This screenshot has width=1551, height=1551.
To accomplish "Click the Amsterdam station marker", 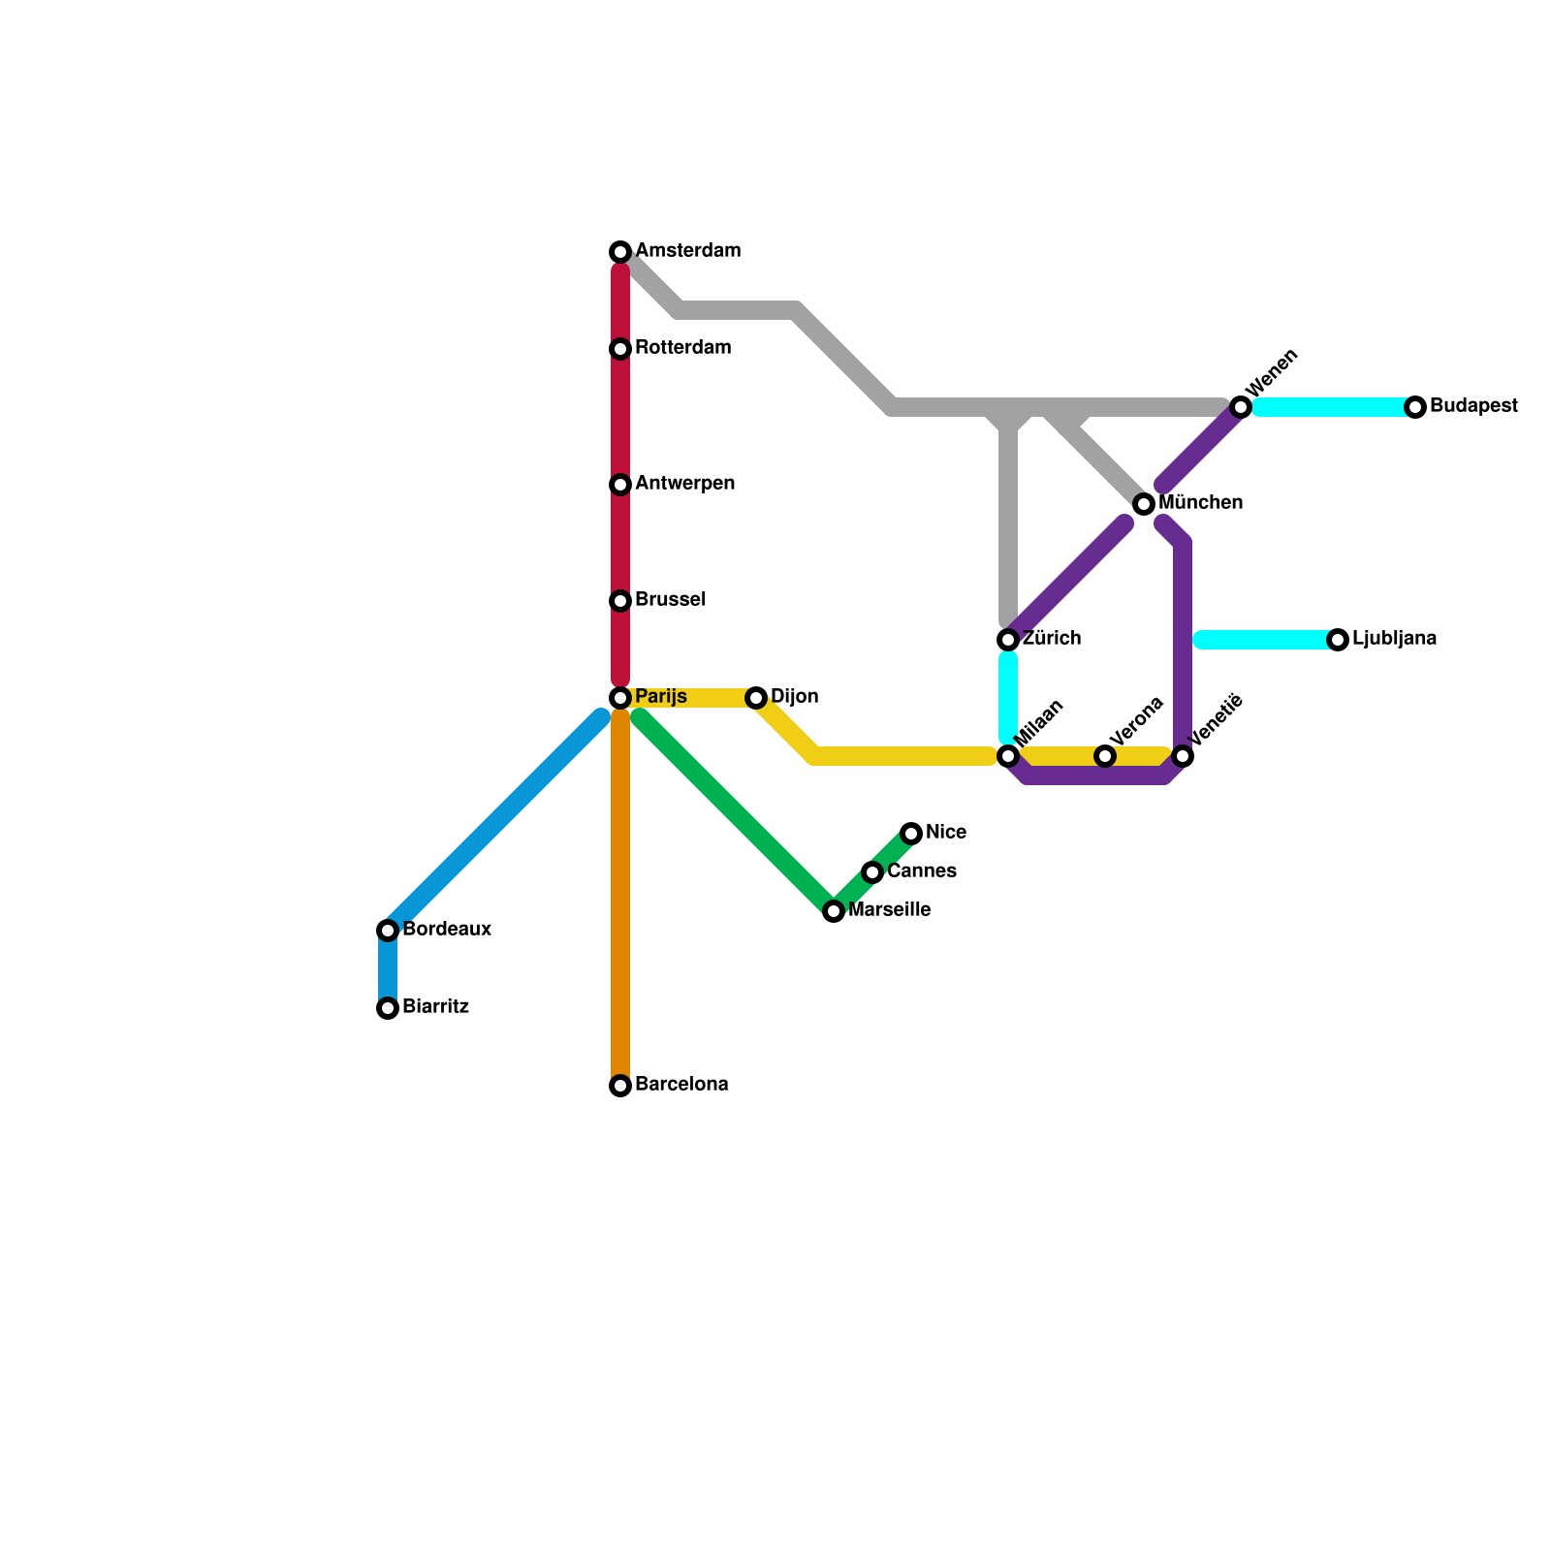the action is point(620,252).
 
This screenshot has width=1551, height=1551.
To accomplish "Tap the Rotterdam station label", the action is point(682,348).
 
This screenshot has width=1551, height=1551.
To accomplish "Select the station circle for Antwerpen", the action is point(620,485).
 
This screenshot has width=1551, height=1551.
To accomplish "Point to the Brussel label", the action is point(670,600).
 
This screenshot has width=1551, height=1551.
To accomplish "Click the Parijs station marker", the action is point(620,698).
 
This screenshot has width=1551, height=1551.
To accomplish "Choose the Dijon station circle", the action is point(756,698).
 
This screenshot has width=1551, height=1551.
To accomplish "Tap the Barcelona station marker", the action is point(620,1086).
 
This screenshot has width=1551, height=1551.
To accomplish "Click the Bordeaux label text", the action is point(446,930).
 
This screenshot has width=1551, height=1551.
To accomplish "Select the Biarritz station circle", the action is point(388,1008).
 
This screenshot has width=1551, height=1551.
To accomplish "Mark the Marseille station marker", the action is point(834,911).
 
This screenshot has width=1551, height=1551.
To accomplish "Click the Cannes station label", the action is point(921,871).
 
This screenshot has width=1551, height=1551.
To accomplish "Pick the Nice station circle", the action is point(911,834).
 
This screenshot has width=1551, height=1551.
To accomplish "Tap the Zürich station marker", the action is point(1008,640).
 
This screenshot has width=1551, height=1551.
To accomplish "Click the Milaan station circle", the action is point(1008,756).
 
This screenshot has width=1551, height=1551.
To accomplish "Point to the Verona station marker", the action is point(1105,756).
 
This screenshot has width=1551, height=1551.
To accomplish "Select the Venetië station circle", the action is point(1183,756).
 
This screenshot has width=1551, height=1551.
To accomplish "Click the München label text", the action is point(1200,503).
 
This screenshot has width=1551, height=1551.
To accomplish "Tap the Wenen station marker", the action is point(1241,407).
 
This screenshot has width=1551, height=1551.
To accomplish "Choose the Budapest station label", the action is point(1472,406).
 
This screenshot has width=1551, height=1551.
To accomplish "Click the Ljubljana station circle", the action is point(1338,640).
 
